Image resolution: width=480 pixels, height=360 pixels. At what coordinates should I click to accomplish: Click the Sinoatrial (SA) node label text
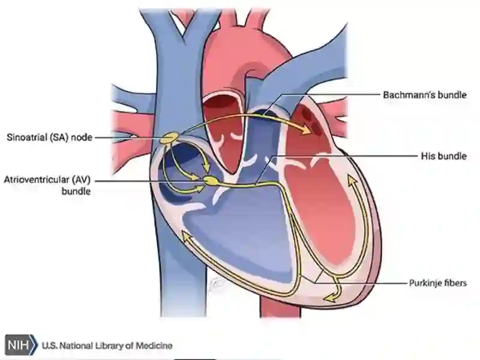click(x=49, y=137)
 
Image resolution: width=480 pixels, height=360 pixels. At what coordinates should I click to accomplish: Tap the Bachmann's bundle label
click(x=425, y=95)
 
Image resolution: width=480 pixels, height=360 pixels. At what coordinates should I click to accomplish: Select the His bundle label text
click(x=443, y=156)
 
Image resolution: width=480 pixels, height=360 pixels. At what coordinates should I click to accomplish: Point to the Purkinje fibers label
click(x=438, y=283)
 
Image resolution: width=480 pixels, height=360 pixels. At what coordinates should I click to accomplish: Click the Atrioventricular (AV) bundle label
click(x=47, y=185)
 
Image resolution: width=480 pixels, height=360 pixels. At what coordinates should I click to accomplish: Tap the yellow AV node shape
click(x=212, y=181)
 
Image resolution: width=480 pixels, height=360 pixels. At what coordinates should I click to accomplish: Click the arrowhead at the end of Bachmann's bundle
click(x=308, y=129)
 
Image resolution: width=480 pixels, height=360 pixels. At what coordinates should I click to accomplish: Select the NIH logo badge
click(x=21, y=345)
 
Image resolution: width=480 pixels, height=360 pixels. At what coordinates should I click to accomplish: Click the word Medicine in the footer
click(x=154, y=346)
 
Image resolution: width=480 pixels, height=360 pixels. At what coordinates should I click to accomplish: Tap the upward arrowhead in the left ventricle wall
click(x=352, y=181)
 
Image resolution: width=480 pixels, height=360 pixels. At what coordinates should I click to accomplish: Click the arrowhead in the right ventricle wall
click(x=187, y=236)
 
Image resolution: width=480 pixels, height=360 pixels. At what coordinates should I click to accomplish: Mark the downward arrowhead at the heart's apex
click(x=331, y=297)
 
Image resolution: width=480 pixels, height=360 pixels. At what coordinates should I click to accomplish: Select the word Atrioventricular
click(x=37, y=179)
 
